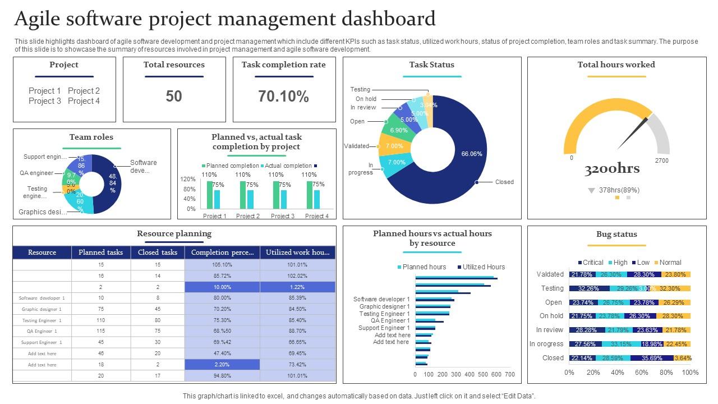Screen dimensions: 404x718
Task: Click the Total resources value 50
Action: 174,97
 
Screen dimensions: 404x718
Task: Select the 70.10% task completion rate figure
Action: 283,97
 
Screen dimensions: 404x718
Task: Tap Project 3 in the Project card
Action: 45,101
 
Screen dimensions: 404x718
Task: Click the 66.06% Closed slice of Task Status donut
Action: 472,154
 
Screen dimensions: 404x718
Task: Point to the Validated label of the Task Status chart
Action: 356,146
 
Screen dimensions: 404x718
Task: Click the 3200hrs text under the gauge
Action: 612,169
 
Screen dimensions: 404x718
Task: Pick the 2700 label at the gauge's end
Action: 662,160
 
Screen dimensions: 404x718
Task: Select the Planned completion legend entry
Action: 229,166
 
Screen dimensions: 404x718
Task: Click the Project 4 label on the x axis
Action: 317,216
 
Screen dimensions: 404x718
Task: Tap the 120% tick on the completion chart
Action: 188,179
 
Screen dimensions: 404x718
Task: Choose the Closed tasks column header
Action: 158,252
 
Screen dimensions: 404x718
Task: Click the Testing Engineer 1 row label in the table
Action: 42,320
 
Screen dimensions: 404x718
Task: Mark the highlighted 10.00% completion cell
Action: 222,287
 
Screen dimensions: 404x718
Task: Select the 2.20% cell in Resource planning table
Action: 222,365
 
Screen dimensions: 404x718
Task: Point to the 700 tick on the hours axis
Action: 510,374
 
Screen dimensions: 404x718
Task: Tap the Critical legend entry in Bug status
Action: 590,263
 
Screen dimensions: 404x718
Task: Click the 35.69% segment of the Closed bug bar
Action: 652,358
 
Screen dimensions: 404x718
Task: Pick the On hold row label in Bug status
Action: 551,316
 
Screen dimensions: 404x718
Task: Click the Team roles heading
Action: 91,137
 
